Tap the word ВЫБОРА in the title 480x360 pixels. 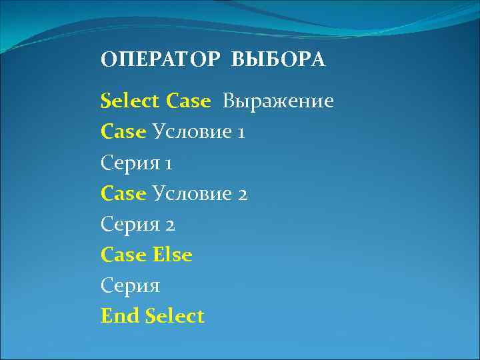click(x=279, y=60)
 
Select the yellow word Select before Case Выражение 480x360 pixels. click(x=130, y=101)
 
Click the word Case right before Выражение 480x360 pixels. click(x=189, y=101)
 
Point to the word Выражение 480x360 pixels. click(x=278, y=101)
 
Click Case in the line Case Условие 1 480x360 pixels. click(x=123, y=132)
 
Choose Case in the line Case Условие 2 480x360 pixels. click(x=123, y=193)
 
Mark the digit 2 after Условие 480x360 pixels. click(x=242, y=194)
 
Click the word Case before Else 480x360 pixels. click(x=123, y=255)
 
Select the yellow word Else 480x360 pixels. click(x=172, y=255)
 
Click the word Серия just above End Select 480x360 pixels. click(x=131, y=285)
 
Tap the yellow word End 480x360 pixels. click(x=120, y=315)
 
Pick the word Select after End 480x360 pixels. click(x=175, y=315)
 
